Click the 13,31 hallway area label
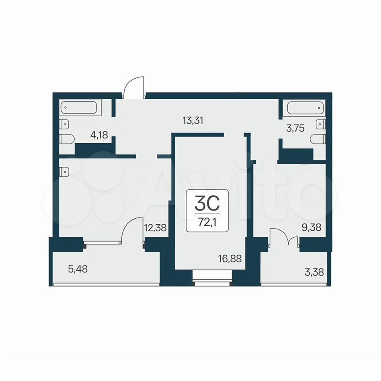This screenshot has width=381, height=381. click(x=193, y=121)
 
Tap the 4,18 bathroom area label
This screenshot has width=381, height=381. click(x=99, y=135)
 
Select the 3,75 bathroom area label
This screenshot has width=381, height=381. click(x=295, y=128)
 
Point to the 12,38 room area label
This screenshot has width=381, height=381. click(x=155, y=228)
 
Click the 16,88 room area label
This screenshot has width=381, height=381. click(x=230, y=259)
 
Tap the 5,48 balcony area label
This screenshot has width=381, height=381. click(x=78, y=269)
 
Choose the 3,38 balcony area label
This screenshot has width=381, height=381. click(x=314, y=272)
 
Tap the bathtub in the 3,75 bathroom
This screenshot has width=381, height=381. click(x=306, y=108)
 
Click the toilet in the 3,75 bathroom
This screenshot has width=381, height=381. click(x=318, y=139)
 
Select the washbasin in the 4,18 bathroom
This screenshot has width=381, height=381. click(x=64, y=124)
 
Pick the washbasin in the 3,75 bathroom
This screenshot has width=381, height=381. click(x=320, y=124)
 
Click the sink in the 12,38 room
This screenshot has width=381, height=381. click(x=64, y=171)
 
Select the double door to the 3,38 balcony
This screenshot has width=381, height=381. click(x=283, y=236)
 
